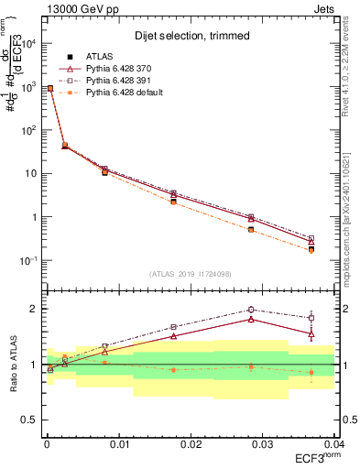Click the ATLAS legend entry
[101, 57]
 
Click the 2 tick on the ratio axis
[34, 309]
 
